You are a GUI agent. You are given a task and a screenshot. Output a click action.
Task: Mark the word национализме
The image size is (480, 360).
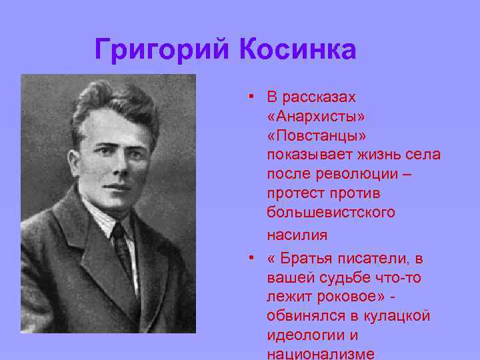(x=320, y=354)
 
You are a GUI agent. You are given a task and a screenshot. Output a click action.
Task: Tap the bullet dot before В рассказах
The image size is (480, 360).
(x=248, y=97)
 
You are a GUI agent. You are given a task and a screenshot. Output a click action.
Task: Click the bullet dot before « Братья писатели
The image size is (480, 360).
(x=248, y=258)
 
